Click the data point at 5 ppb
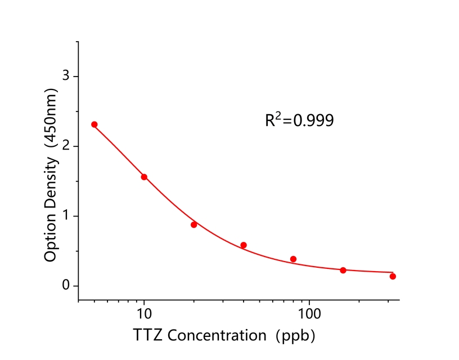click(94, 124)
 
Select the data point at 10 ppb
click(144, 177)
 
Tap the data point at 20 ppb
click(194, 224)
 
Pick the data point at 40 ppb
click(244, 245)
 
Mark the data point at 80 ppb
click(293, 259)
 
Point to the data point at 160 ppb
click(343, 271)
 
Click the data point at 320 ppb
click(393, 276)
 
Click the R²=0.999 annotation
click(299, 120)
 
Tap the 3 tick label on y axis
click(66, 76)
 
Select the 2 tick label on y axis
click(66, 146)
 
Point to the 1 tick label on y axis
click(66, 216)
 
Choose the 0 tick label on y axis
click(66, 286)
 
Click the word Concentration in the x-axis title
click(217, 336)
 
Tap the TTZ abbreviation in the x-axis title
click(149, 336)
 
